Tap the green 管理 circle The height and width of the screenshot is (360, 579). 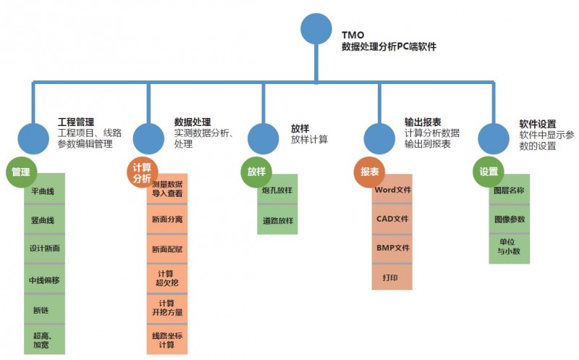point(21,172)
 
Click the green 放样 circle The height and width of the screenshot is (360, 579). point(256,172)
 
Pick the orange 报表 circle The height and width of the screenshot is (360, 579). point(370,172)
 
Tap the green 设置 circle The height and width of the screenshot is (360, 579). point(489,172)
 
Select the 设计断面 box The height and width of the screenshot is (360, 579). point(44,248)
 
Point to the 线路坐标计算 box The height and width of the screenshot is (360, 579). point(167,340)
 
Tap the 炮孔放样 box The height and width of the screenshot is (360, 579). point(277,191)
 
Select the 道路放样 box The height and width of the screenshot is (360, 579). point(277,220)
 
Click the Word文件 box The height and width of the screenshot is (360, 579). point(393,190)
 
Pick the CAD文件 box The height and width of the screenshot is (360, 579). point(393,218)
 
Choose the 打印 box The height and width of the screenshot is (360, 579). point(393,277)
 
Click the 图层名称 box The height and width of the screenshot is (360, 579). point(509,190)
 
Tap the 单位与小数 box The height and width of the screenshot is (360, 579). point(509,247)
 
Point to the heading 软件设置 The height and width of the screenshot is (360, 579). point(538,124)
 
